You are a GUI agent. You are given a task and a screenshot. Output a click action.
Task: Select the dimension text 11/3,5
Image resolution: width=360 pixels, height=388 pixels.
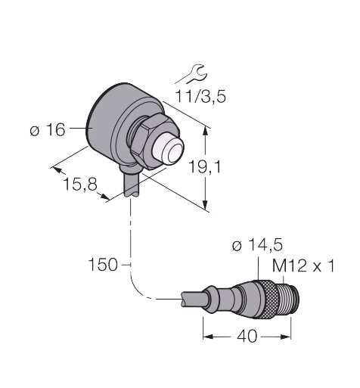pyautogui.click(x=200, y=96)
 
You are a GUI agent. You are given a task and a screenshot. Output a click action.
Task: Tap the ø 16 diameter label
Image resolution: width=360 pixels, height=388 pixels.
pyautogui.click(x=48, y=130)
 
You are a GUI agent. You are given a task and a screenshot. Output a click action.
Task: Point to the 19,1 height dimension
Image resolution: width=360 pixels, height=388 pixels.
pyautogui.click(x=205, y=166)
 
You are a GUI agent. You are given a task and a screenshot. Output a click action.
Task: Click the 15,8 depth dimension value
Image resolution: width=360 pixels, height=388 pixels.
pyautogui.click(x=80, y=184)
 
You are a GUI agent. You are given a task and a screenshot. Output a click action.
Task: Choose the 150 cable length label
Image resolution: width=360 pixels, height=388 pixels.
pyautogui.click(x=103, y=265)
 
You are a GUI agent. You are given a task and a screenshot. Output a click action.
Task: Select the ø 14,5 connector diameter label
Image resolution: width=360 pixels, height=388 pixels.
pyautogui.click(x=257, y=245)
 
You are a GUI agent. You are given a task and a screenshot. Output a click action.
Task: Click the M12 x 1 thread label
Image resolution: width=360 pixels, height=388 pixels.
pyautogui.click(x=303, y=265)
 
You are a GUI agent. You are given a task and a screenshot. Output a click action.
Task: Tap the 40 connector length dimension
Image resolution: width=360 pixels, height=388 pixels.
pyautogui.click(x=247, y=337)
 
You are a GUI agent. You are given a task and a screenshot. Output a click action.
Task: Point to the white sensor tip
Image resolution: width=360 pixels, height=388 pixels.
pyautogui.click(x=168, y=150)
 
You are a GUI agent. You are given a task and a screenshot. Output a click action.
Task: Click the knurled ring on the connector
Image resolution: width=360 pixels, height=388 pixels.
pyautogui.click(x=268, y=300)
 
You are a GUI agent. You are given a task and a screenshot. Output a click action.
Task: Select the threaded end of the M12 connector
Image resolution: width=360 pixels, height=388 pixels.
pyautogui.click(x=287, y=300)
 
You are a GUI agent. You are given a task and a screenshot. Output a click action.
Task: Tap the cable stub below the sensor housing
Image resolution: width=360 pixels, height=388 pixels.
pyautogui.click(x=131, y=184)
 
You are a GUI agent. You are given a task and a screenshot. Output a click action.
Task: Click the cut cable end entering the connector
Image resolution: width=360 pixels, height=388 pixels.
pyautogui.click(x=194, y=300)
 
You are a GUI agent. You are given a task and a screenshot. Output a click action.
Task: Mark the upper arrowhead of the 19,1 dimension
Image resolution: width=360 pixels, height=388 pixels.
pyautogui.click(x=206, y=131)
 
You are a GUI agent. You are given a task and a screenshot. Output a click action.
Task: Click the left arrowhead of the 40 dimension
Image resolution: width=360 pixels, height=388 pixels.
pyautogui.click(x=209, y=337)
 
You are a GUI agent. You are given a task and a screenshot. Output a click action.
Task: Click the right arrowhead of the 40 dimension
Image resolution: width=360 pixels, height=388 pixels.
pyautogui.click(x=286, y=337)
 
